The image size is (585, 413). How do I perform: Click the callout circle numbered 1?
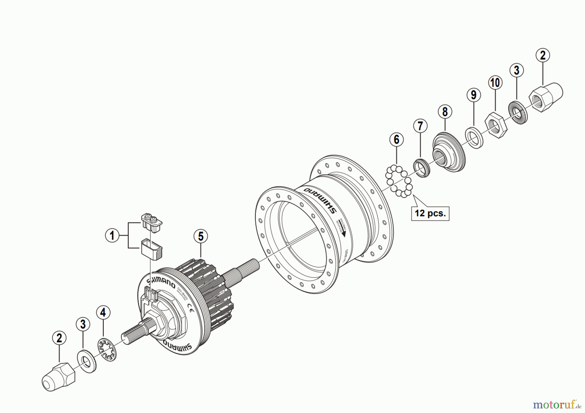click(x=112, y=235)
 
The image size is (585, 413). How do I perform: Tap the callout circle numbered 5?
click(x=201, y=236)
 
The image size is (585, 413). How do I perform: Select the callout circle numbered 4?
click(x=103, y=313)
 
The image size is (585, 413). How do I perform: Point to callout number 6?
click(x=396, y=140)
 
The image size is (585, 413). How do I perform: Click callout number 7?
click(x=420, y=126)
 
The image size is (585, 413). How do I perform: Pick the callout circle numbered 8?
click(x=445, y=112)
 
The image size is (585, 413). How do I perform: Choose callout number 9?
click(x=474, y=95)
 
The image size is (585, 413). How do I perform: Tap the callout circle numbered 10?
click(x=495, y=83)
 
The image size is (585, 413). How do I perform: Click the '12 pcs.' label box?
click(x=430, y=213)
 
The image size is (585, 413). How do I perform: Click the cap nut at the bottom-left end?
click(x=58, y=377)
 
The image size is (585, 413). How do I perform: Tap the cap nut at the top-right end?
click(x=546, y=97)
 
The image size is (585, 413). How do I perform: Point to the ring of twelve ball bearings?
click(x=399, y=181)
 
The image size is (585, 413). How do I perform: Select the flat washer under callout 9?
click(x=474, y=138)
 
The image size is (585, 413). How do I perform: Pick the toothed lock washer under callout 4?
click(x=107, y=351)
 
